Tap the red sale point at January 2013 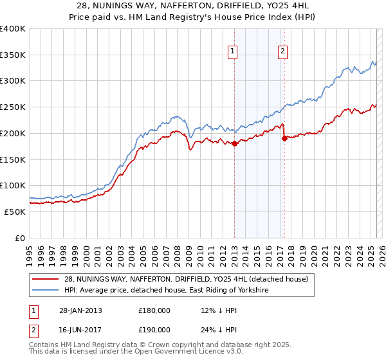tap(234, 144)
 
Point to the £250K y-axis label tap(12, 107)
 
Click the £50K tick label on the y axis tap(15, 212)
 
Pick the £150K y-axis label tap(12, 159)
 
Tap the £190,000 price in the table tap(154, 329)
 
